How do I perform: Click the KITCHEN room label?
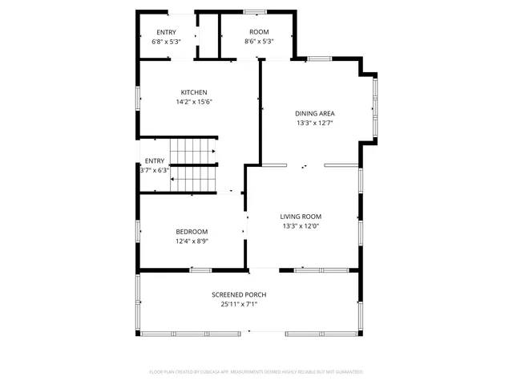point(193,92)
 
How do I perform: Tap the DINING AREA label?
point(314,113)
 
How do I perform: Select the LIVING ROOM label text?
point(301,217)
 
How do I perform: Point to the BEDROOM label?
point(192,232)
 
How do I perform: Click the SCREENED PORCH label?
point(239,294)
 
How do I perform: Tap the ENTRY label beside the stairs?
point(154,160)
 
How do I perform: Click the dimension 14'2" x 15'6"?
point(193,102)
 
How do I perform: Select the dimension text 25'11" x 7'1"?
point(239,304)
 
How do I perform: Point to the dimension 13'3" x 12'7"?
point(314,123)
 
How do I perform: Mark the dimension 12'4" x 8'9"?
point(192,241)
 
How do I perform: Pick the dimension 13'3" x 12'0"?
point(301,226)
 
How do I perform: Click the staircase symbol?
point(193,165)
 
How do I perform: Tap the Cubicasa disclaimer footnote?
point(256,371)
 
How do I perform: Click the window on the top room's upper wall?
point(255,12)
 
